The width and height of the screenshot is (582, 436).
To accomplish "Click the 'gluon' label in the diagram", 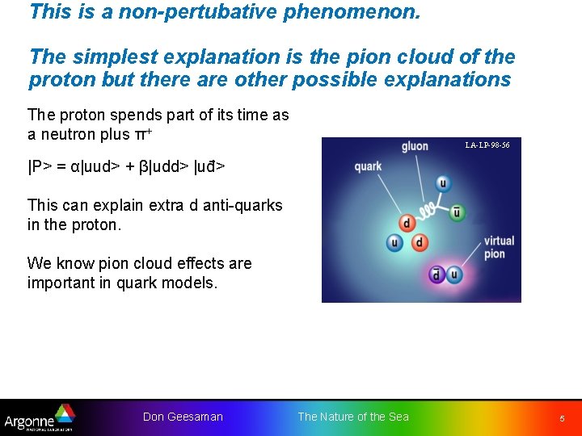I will point(415,147).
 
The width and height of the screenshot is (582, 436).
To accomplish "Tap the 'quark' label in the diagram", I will point(368,166).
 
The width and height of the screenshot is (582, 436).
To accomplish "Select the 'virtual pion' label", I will point(499,247).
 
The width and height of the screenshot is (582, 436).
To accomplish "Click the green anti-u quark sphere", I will point(458,212).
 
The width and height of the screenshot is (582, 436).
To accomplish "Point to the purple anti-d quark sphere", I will point(436,275).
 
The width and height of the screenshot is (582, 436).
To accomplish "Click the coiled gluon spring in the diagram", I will point(430,210).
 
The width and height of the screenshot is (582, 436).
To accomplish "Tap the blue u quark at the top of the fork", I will point(442,183).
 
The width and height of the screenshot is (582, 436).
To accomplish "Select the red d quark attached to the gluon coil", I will point(407,223).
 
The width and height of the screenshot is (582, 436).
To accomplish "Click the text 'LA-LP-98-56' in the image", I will point(487,145).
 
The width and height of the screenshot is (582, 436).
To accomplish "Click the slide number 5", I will point(562,418).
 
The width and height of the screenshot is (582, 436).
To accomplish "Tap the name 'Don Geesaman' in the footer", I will point(183,417).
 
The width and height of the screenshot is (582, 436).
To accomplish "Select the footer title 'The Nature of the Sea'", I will point(353,417).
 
